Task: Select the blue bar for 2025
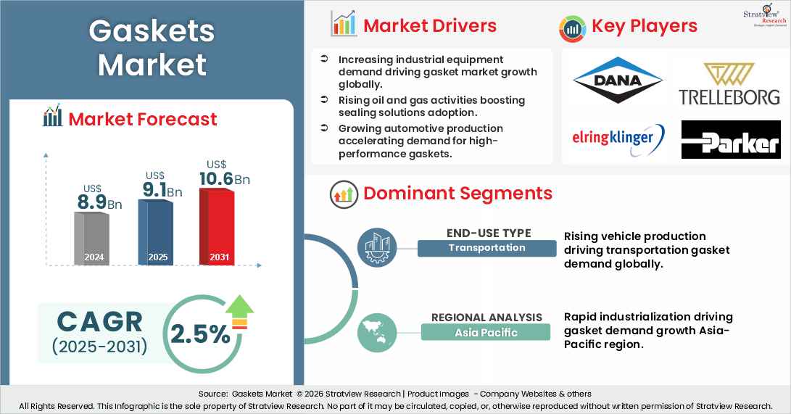point(155,232)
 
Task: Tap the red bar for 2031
point(217,226)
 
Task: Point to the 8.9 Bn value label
point(99,202)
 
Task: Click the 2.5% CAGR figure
point(200,334)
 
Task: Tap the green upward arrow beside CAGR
point(239,312)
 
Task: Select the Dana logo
point(617,80)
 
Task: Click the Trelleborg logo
point(729,83)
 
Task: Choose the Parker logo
point(730,140)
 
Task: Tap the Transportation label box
point(486,248)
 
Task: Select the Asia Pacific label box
point(486,333)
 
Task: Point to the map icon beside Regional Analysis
point(378,331)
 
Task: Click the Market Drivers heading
point(430,25)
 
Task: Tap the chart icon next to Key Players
point(572,27)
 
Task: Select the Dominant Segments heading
point(457,193)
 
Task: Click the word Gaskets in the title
point(152,31)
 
